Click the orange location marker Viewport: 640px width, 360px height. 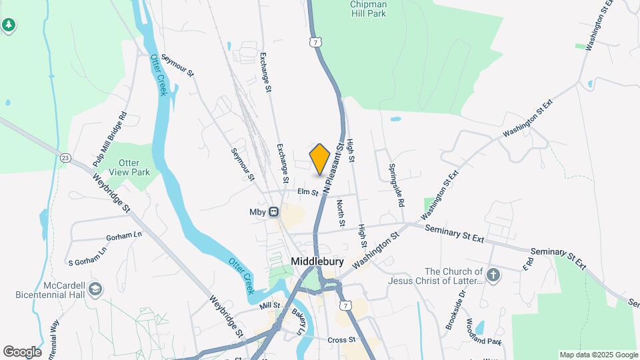click(320, 159)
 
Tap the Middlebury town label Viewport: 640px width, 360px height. click(317, 261)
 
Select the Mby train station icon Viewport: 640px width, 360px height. click(273, 212)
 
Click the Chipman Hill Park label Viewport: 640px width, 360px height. click(368, 8)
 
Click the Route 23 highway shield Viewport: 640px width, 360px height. click(65, 158)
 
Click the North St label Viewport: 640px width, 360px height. click(340, 213)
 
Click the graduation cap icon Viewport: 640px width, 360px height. click(95, 289)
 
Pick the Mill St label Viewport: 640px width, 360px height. click(271, 305)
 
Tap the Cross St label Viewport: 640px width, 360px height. click(341, 340)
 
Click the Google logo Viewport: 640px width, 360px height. click(22, 351)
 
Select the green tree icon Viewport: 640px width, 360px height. click(8, 25)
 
